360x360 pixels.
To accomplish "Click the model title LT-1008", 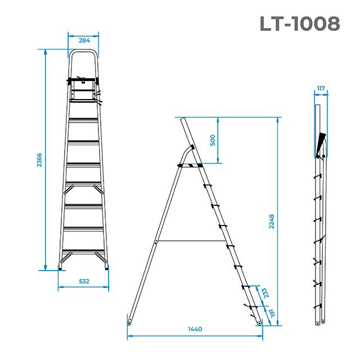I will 300,24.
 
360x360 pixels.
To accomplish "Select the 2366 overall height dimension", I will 39,160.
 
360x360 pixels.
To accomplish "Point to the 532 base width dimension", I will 83,280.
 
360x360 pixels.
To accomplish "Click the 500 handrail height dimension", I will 213,140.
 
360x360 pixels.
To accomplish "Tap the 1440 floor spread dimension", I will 195,329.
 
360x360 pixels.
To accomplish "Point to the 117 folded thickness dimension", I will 321,88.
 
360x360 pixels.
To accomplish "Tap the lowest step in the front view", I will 83,249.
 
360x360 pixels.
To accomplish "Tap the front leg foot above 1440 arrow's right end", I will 259,322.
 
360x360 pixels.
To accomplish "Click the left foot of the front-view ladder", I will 61,269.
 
